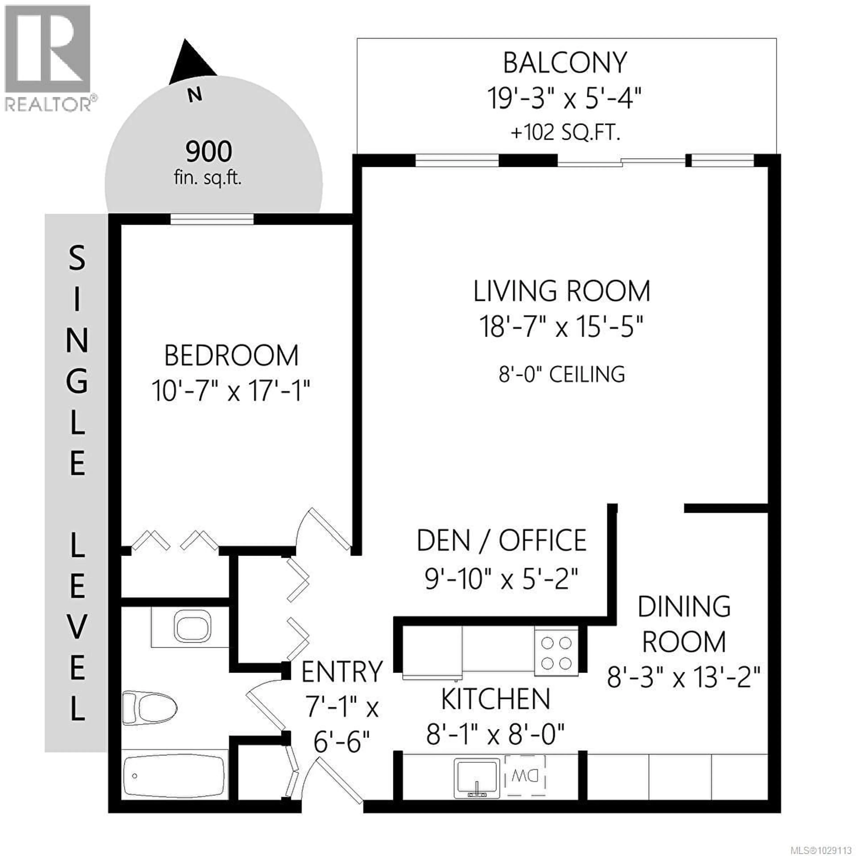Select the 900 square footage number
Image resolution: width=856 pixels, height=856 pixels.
(209, 152)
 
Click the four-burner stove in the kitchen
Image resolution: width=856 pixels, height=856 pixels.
(556, 653)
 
